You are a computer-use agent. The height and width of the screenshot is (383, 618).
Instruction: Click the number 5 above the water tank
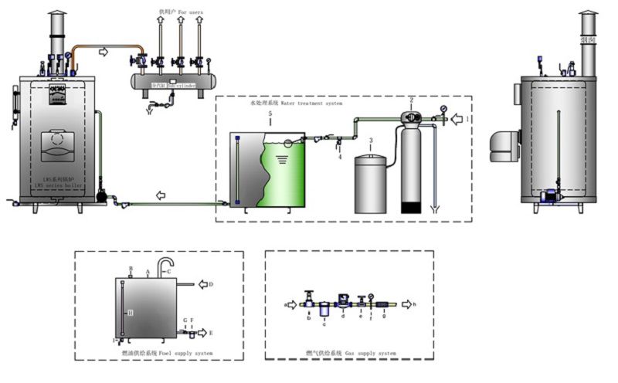269,114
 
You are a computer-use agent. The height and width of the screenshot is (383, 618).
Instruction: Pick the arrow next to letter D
205,284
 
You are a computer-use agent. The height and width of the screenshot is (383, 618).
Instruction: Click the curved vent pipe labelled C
163,266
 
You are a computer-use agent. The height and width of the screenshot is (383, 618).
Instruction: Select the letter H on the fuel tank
131,312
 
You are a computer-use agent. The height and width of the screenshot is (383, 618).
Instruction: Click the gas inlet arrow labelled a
293,305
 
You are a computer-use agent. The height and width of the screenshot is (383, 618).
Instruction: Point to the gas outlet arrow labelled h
408,305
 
